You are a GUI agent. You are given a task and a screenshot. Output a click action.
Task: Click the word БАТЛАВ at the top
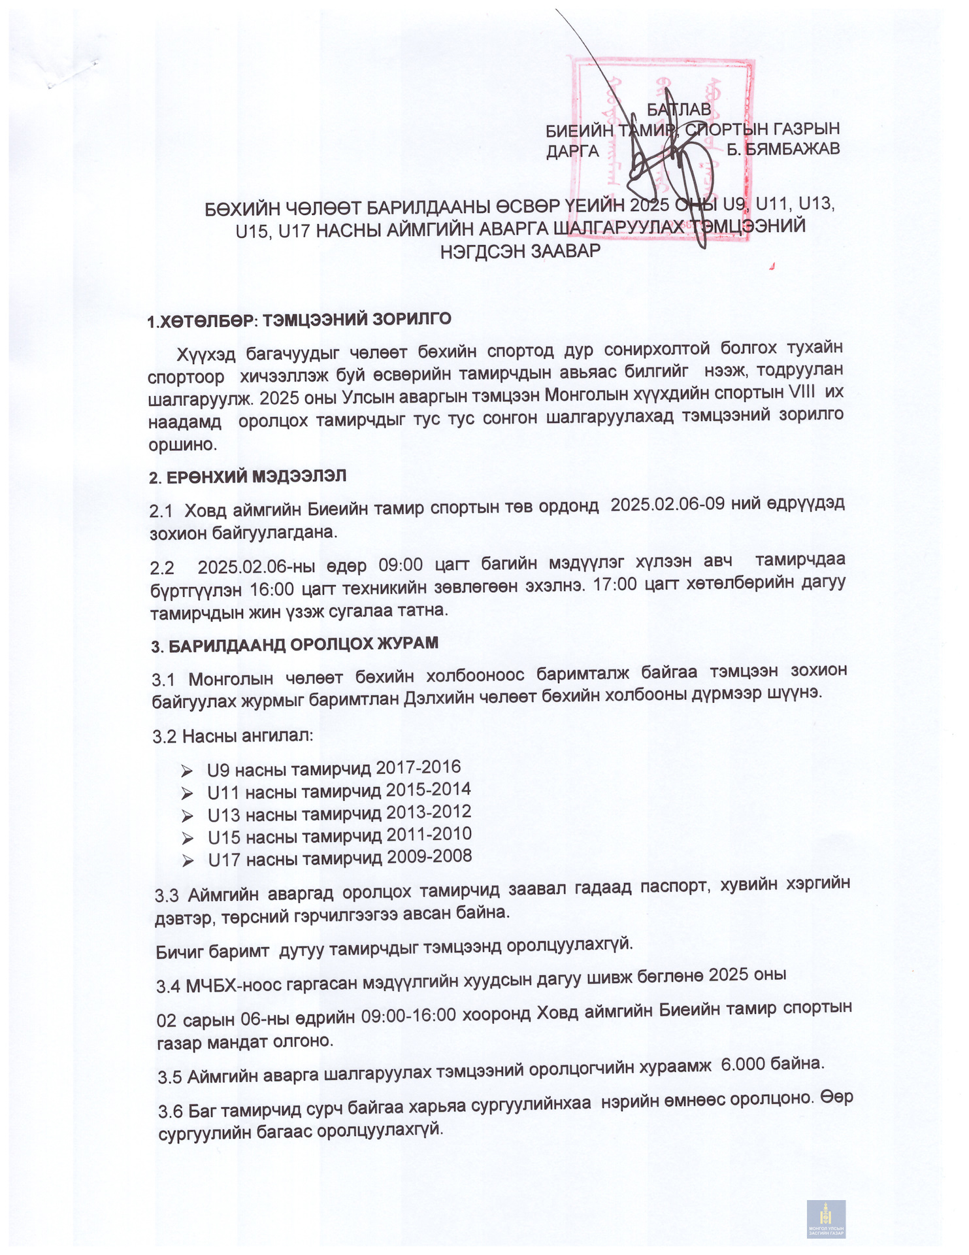click(x=679, y=109)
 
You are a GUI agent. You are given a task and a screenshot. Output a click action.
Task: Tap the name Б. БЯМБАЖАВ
click(x=783, y=150)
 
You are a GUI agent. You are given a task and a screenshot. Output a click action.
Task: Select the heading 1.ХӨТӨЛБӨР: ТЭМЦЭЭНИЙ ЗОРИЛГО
click(x=299, y=320)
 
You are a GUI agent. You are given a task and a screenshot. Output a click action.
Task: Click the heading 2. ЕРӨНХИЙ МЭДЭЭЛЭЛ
click(x=248, y=477)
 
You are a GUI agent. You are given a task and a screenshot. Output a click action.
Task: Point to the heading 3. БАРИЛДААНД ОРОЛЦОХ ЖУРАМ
click(x=295, y=645)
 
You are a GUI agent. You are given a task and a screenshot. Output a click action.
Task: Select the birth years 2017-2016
click(x=418, y=767)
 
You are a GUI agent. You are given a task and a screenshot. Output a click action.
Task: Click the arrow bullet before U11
click(x=188, y=794)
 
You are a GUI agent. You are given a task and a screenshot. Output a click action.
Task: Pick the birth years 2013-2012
click(x=429, y=812)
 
